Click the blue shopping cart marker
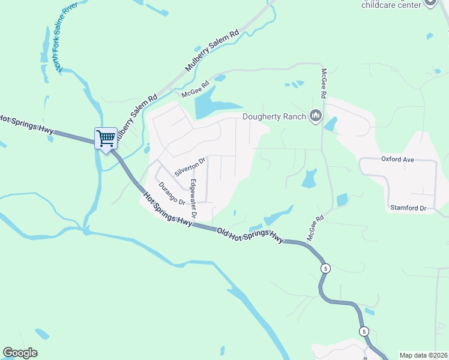tap(106, 138)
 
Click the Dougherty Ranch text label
tap(274, 116)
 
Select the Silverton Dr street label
tap(190, 166)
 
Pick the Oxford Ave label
tap(398, 159)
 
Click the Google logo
tap(20, 353)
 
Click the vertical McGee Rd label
tap(323, 83)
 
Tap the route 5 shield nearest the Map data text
tap(363, 331)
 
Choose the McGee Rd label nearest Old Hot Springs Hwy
tap(315, 228)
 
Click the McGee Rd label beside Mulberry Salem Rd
tap(194, 90)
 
